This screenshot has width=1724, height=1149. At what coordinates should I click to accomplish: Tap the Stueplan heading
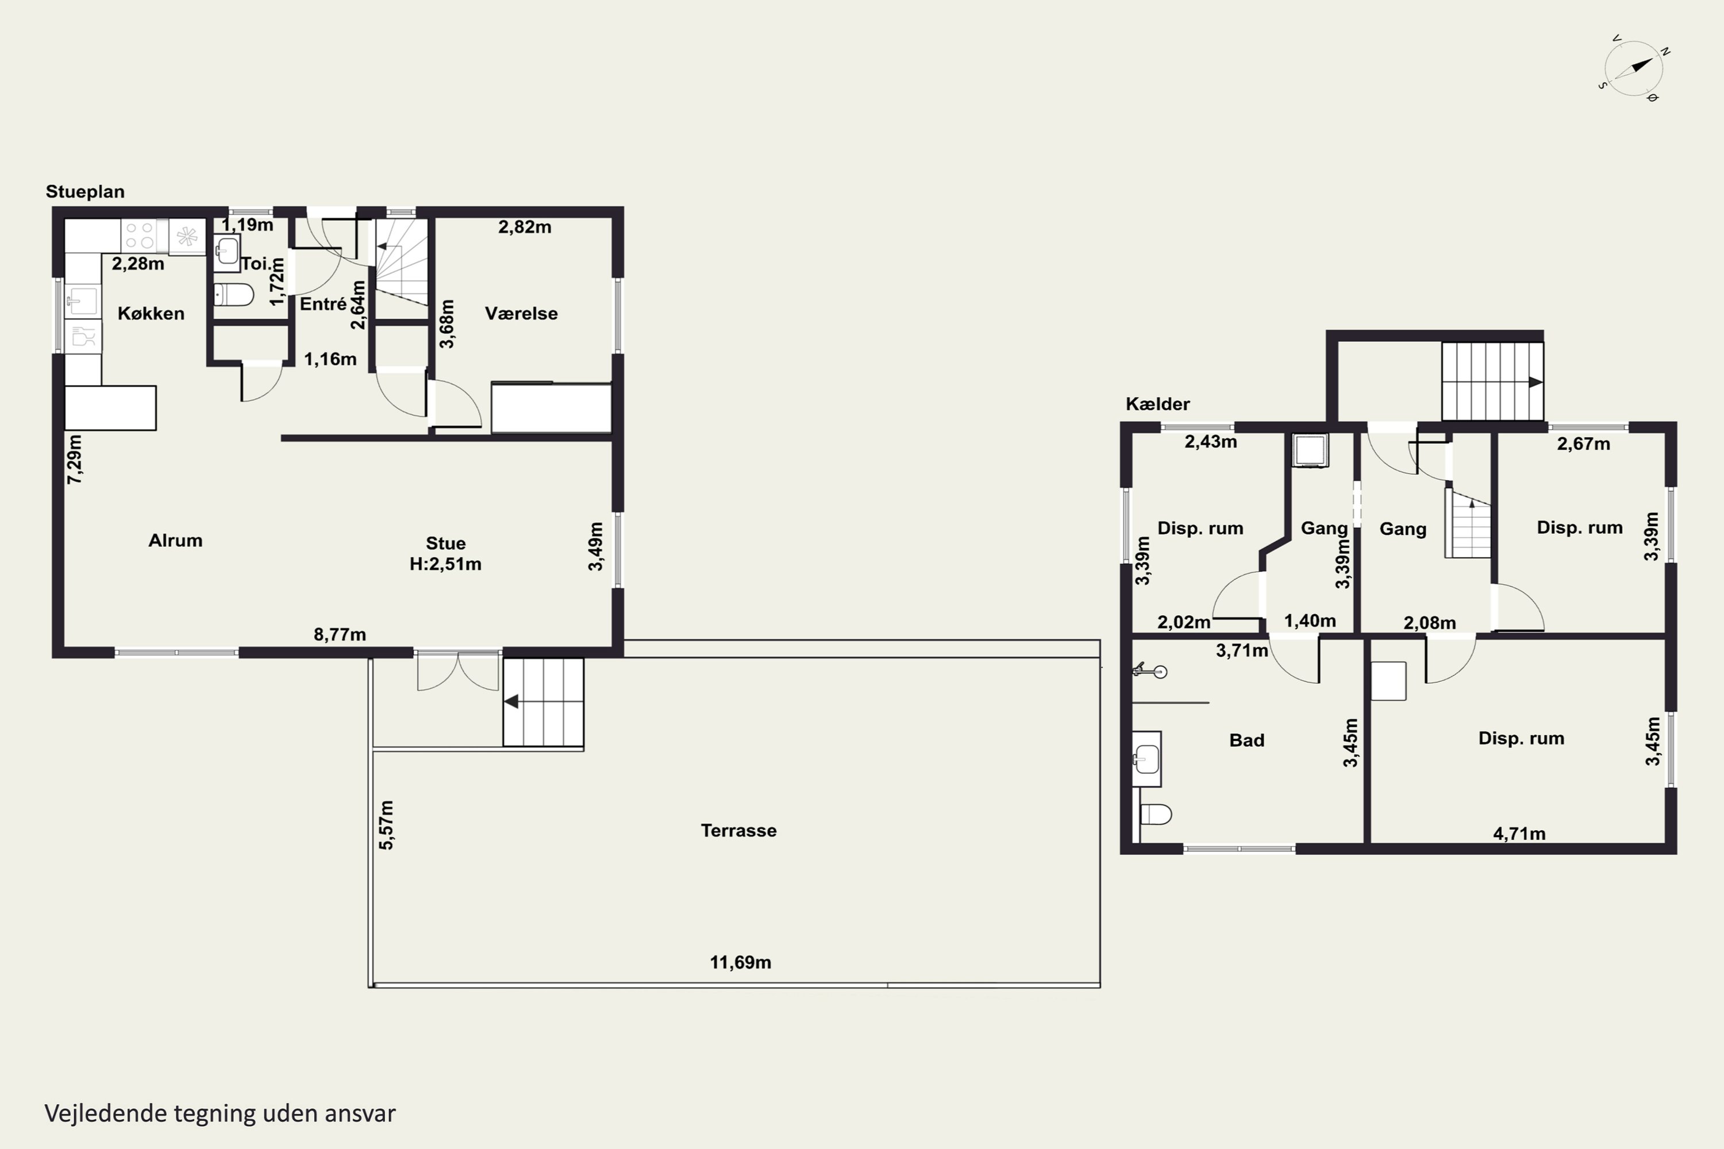85,192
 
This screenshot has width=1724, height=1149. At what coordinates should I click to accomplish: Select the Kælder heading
1157,404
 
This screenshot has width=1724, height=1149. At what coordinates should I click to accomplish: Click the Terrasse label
738,830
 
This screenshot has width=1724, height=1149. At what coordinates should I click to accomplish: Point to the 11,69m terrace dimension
740,962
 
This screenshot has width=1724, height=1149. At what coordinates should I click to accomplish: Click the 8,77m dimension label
340,635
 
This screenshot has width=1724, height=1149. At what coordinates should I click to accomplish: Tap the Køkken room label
151,314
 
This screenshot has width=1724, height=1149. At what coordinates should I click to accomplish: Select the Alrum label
175,541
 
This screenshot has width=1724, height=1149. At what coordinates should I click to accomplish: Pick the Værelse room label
521,314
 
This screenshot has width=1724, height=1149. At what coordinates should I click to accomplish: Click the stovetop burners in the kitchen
139,235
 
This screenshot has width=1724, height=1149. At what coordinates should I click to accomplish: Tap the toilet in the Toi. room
234,295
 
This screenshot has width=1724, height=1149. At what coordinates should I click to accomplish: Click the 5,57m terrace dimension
386,825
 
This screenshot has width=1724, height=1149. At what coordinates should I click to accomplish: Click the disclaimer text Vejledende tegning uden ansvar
220,1113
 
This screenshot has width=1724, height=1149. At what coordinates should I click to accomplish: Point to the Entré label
322,303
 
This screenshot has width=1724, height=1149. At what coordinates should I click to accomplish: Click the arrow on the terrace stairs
511,701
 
